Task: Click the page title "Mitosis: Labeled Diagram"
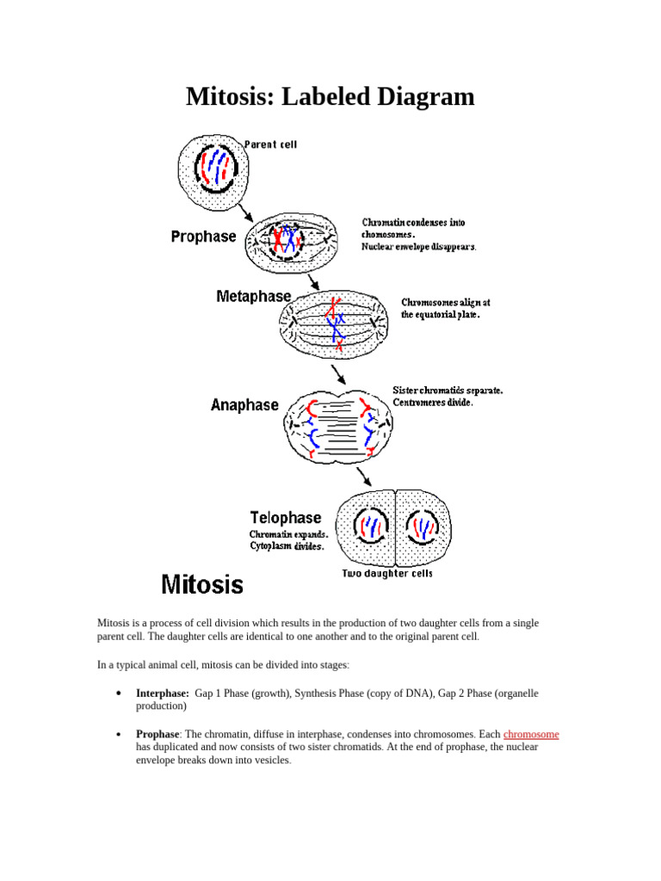click(x=330, y=96)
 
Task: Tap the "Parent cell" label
click(x=271, y=145)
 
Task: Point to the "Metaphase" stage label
click(x=254, y=296)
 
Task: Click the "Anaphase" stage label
click(x=244, y=404)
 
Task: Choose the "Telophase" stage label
click(x=286, y=517)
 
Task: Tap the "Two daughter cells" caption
click(x=387, y=573)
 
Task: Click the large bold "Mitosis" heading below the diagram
click(x=203, y=585)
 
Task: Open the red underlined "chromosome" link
click(x=531, y=734)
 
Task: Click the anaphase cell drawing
click(x=339, y=423)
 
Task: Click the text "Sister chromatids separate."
click(x=448, y=390)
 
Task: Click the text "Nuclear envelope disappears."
click(x=419, y=247)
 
